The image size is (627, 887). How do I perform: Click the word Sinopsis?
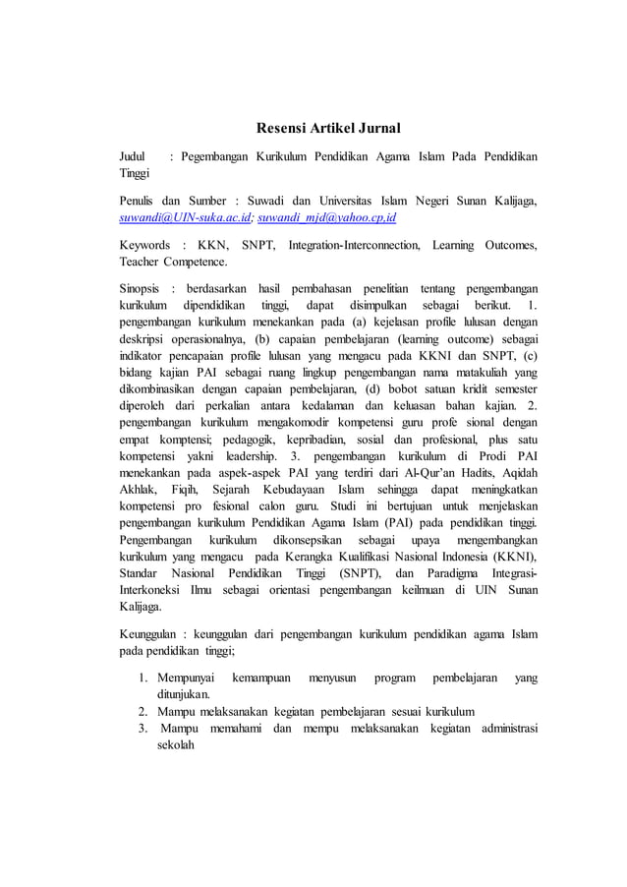click(141, 289)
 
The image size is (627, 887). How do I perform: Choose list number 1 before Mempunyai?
click(142, 679)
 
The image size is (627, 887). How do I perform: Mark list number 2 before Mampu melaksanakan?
click(142, 711)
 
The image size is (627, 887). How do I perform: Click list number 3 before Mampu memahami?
click(142, 728)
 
